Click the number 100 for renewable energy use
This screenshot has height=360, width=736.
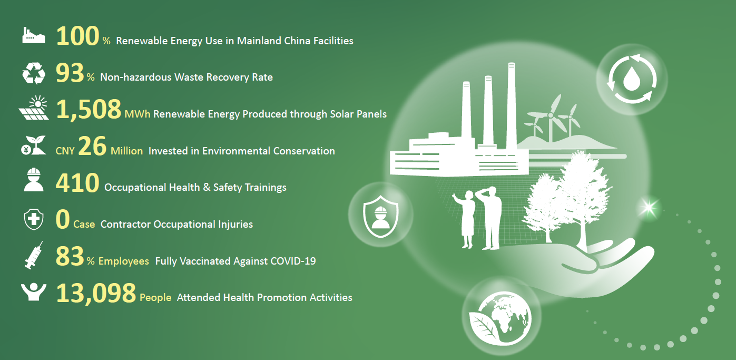[77, 36]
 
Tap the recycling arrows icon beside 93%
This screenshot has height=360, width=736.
[34, 73]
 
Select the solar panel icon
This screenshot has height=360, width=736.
[34, 108]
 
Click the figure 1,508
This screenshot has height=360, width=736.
[89, 110]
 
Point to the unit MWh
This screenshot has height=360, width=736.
[138, 114]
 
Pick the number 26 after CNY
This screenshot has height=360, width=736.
[92, 147]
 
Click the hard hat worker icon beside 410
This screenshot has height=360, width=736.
[34, 180]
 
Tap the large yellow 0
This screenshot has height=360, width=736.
[63, 219]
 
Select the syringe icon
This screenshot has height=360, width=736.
[34, 255]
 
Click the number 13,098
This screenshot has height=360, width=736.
[96, 293]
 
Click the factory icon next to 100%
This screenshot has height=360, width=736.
[34, 35]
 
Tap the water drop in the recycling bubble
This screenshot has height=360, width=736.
[632, 79]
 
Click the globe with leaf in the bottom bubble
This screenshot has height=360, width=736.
[500, 318]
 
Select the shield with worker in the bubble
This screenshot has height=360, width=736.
[380, 216]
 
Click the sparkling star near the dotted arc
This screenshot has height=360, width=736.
[648, 208]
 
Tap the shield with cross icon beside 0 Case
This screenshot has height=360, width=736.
[34, 219]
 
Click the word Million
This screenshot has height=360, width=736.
[127, 151]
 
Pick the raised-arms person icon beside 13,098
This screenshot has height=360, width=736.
[34, 292]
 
